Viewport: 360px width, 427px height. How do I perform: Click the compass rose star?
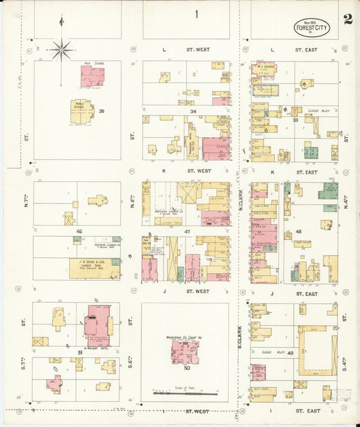[61, 49]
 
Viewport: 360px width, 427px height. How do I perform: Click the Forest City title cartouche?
[311, 27]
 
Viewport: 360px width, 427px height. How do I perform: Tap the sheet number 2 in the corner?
[347, 18]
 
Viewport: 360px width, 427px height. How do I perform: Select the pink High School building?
[92, 76]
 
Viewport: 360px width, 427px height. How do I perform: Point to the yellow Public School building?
[82, 111]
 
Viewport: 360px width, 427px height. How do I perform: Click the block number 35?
[101, 110]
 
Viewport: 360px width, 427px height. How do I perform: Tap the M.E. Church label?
[263, 67]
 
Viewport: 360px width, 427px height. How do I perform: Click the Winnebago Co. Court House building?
[184, 351]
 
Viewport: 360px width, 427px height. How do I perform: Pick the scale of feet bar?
[185, 393]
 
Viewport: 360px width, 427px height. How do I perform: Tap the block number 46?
[79, 232]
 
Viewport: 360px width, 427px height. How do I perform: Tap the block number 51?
[80, 353]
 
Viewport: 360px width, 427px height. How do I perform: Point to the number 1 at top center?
[197, 14]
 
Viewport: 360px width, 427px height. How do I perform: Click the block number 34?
[192, 111]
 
